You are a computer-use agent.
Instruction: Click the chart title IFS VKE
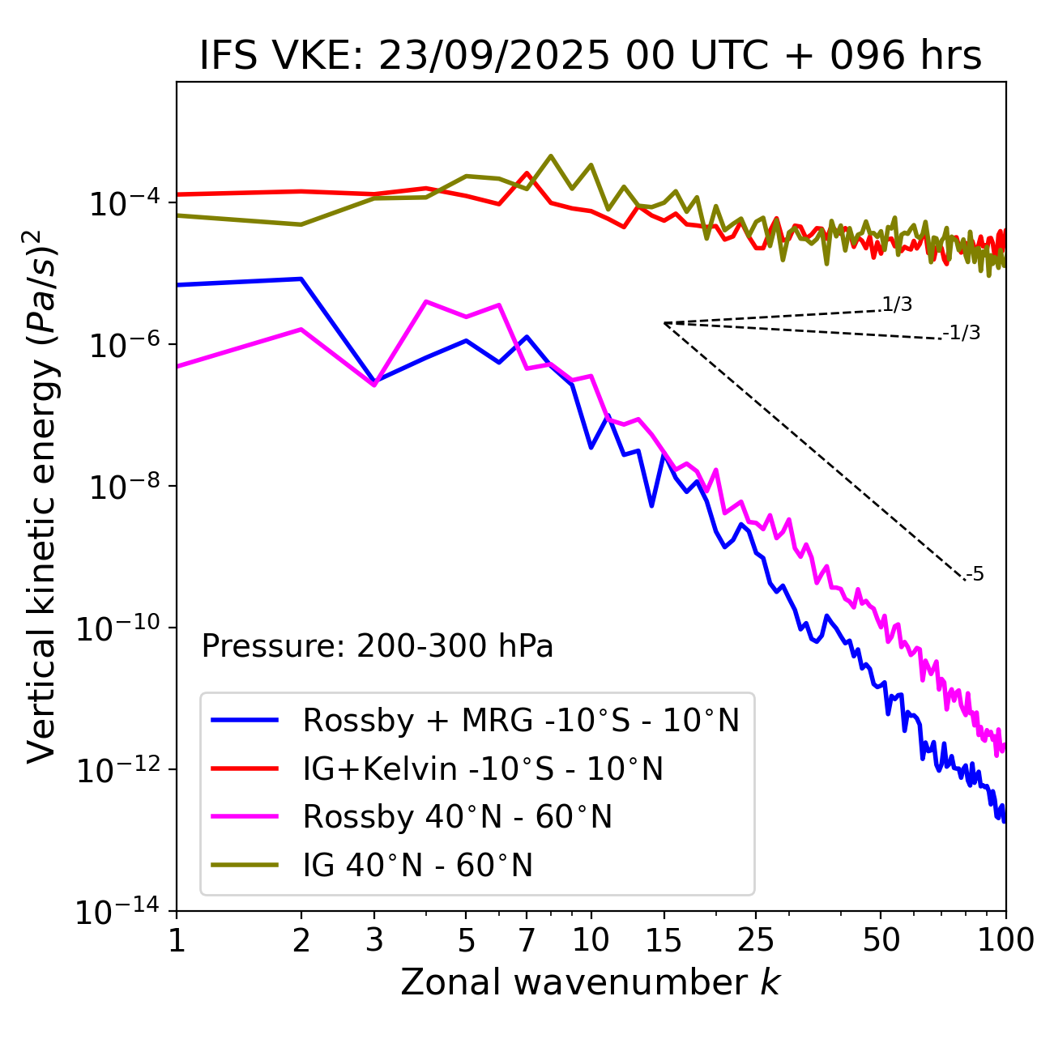pos(591,56)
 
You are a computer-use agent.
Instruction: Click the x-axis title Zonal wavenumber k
pos(591,982)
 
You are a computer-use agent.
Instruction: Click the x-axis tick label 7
pos(527,940)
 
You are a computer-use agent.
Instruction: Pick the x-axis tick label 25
pos(755,940)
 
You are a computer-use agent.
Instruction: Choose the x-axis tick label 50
pos(881,940)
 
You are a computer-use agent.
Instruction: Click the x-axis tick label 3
pos(374,940)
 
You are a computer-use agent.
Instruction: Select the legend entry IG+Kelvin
pos(483,768)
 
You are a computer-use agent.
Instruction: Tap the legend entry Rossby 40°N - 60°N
pos(457,817)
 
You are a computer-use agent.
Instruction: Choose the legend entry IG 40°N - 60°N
pos(417,866)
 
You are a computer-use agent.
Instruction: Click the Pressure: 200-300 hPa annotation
pos(378,646)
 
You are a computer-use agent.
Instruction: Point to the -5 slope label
pos(975,575)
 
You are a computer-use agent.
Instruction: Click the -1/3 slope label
pos(962,333)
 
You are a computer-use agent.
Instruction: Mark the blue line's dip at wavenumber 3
pos(374,382)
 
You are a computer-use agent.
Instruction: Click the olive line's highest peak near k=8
pos(551,155)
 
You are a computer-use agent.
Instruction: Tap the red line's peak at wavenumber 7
pos(527,172)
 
